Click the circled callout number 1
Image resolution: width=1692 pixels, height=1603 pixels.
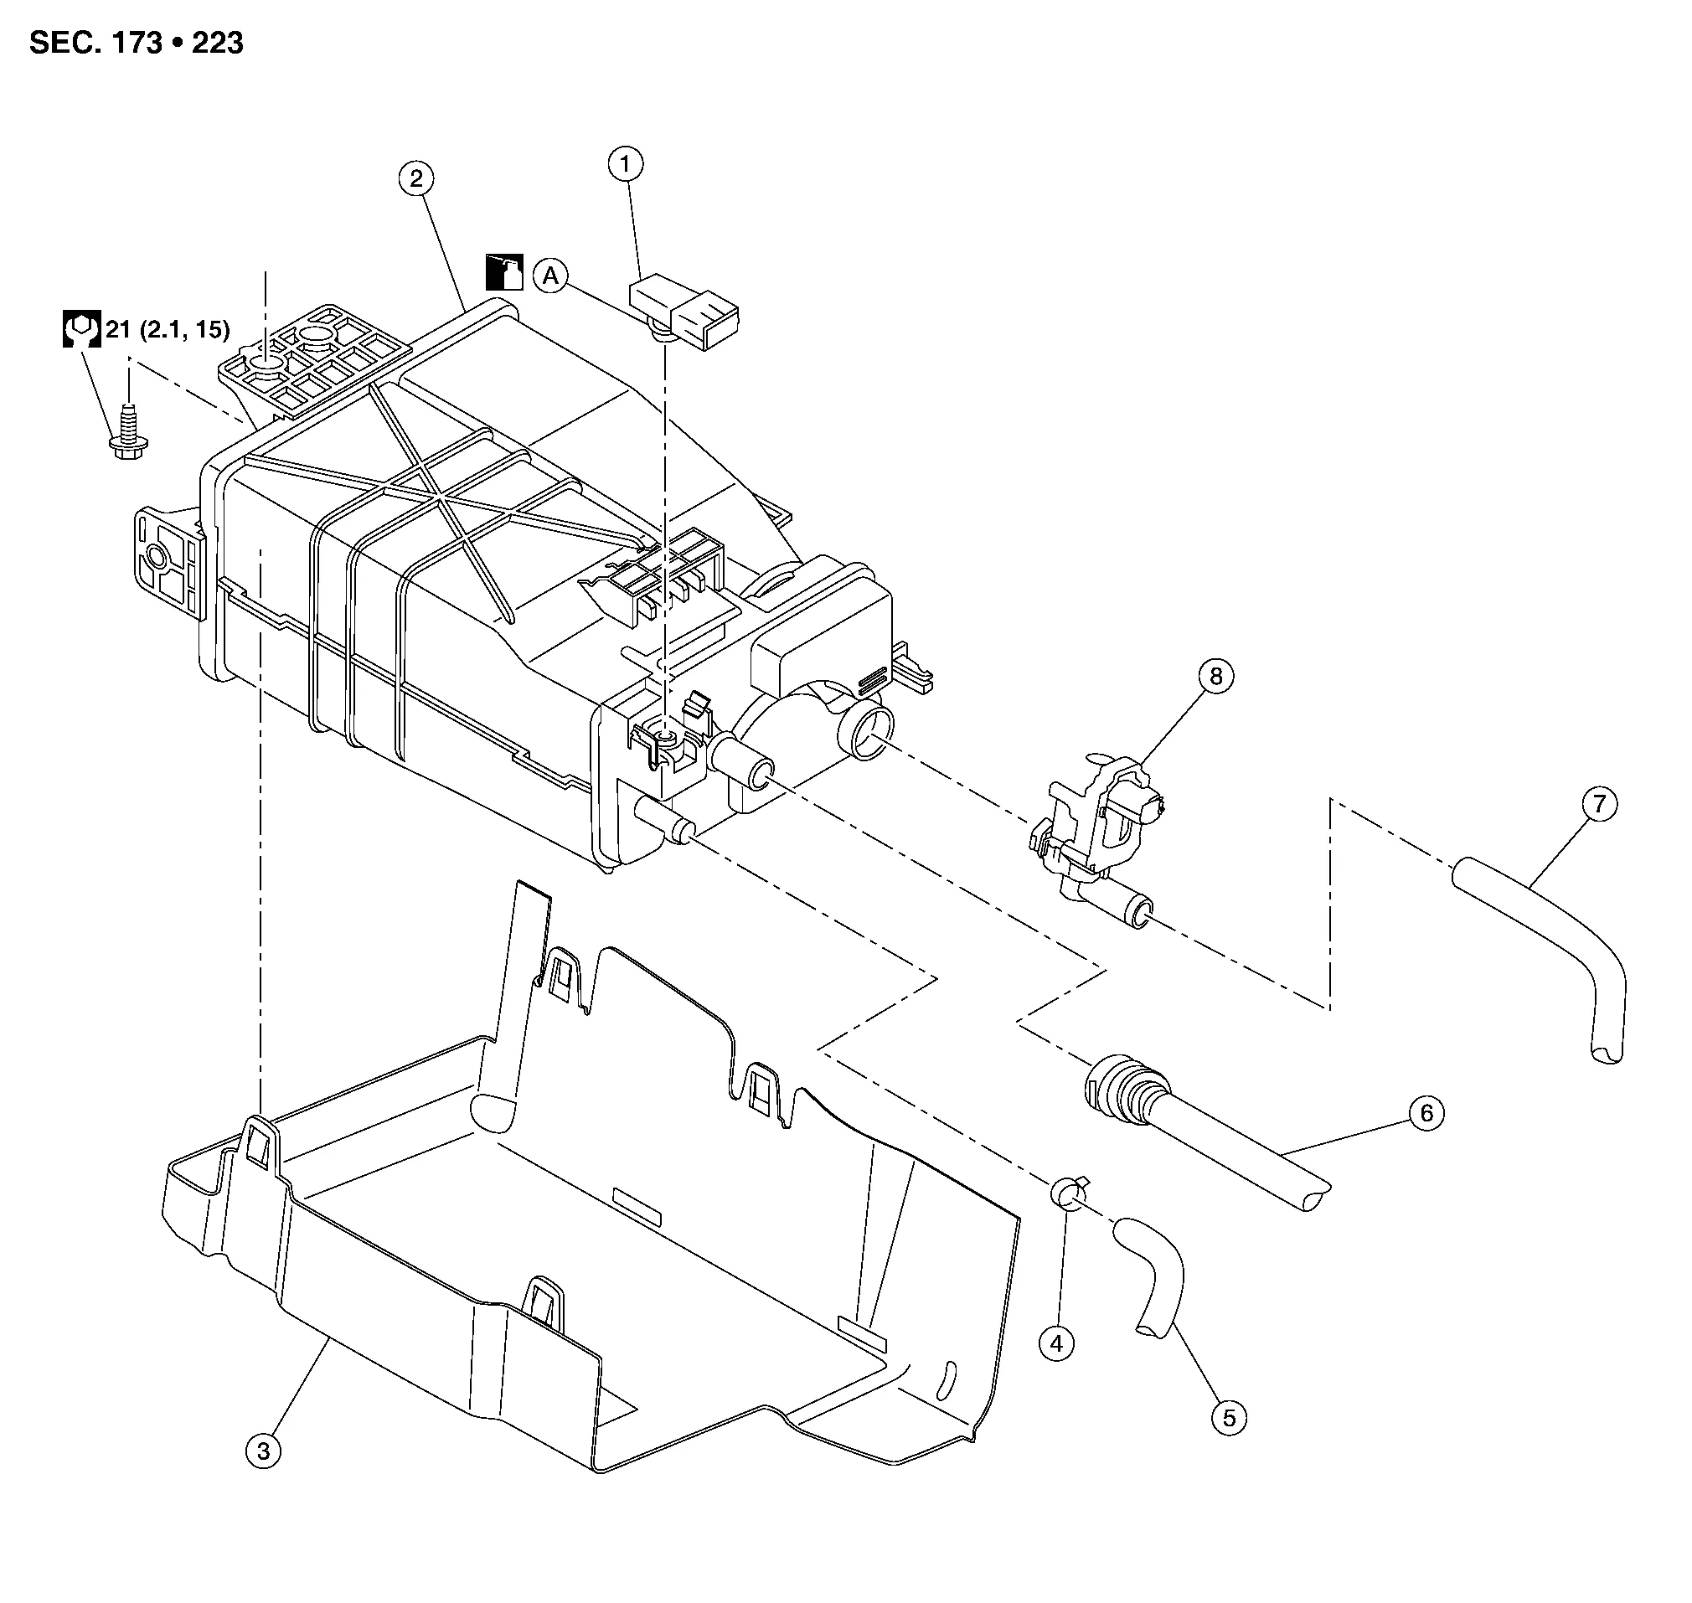pyautogui.click(x=625, y=163)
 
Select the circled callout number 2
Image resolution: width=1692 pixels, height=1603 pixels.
pyautogui.click(x=416, y=178)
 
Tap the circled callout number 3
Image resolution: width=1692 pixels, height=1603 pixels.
pyautogui.click(x=263, y=1451)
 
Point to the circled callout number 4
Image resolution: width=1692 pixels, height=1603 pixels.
pyautogui.click(x=1056, y=1344)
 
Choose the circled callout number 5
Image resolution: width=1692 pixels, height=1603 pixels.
pyautogui.click(x=1229, y=1419)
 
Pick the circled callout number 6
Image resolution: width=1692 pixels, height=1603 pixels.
pyautogui.click(x=1426, y=1112)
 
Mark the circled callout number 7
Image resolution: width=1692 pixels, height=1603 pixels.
pyautogui.click(x=1599, y=804)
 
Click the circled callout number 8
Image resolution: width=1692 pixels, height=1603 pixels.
pyautogui.click(x=1216, y=677)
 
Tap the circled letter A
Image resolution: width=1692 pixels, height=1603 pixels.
pyautogui.click(x=551, y=276)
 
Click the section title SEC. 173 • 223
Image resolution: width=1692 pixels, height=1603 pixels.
pyautogui.click(x=136, y=43)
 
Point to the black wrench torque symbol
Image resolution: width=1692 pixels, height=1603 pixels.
pyautogui.click(x=81, y=329)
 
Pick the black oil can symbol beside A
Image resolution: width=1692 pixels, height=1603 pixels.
pyautogui.click(x=504, y=272)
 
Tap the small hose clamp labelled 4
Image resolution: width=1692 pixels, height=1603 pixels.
pyautogui.click(x=1069, y=1192)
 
